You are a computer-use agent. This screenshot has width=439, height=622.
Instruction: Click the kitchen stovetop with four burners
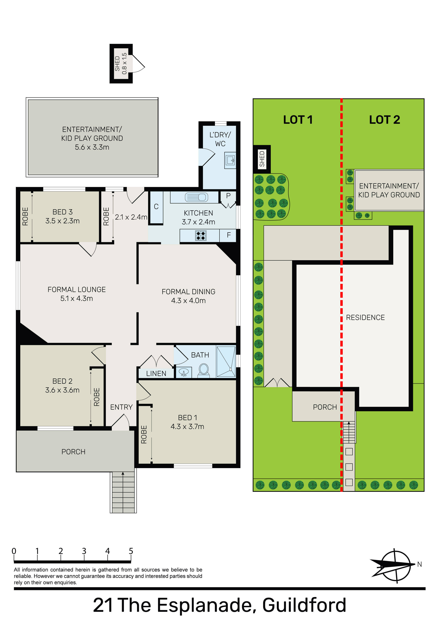click(x=201, y=235)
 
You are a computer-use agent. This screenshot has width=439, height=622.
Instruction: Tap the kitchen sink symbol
click(x=196, y=197)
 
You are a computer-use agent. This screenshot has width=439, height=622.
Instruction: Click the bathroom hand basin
click(x=184, y=373)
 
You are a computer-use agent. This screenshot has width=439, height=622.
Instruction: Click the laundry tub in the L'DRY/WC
click(x=230, y=160)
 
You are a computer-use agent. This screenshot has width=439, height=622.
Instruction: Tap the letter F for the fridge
click(x=229, y=235)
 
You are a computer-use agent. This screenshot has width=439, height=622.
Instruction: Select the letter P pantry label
click(x=228, y=196)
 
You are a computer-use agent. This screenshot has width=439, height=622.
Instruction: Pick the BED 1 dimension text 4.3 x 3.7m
click(x=187, y=427)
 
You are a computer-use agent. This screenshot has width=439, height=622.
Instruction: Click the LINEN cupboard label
click(x=156, y=374)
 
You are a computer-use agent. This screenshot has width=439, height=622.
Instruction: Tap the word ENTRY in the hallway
click(x=122, y=407)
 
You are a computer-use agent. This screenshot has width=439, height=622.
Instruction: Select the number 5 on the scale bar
click(x=131, y=551)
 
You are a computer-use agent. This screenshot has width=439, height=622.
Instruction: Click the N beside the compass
click(x=419, y=564)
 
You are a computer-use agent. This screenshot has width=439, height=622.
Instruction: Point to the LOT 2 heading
click(x=385, y=120)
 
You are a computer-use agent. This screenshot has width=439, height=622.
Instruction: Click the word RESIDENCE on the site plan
click(x=365, y=317)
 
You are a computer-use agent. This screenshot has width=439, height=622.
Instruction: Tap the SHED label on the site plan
click(x=262, y=159)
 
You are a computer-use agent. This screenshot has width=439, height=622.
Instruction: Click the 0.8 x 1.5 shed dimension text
click(x=124, y=63)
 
